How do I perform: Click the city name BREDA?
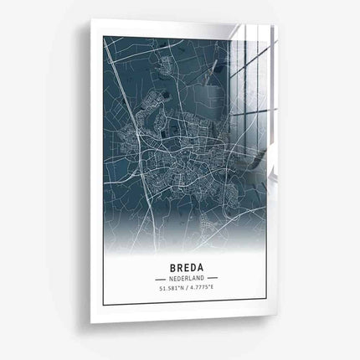coord(184,261)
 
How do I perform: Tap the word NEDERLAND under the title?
coord(184,277)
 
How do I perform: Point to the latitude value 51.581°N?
coord(167,289)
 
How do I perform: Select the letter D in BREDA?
coord(192,261)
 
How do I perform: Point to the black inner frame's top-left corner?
coord(103,37)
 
